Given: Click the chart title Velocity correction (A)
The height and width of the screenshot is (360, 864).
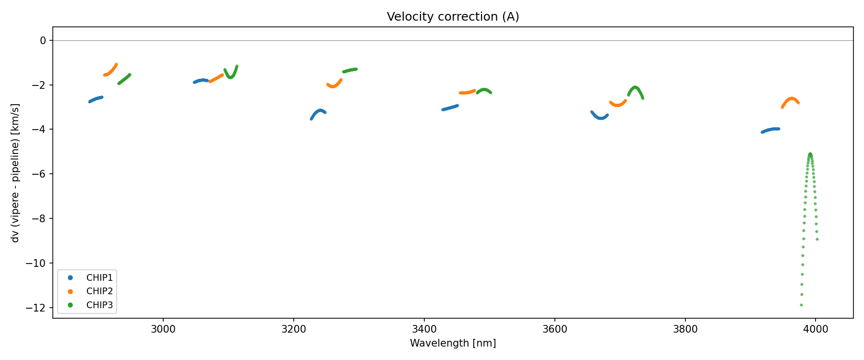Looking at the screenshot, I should click(453, 17).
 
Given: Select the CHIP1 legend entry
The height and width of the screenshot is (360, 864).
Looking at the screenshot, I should click(99, 278).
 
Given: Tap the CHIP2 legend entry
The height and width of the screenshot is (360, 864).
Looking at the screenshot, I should click(99, 291).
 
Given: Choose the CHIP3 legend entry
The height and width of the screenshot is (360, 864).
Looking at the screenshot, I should click(99, 305).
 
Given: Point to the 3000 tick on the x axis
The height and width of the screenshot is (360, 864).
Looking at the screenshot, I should click(163, 329).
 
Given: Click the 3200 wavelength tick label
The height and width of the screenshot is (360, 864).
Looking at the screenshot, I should click(294, 329).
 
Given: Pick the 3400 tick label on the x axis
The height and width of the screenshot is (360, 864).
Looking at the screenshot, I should click(424, 329).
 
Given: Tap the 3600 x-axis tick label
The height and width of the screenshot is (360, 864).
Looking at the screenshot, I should click(554, 329).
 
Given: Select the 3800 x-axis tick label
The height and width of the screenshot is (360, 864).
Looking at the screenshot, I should click(685, 329).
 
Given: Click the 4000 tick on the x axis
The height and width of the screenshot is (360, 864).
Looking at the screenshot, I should click(816, 329).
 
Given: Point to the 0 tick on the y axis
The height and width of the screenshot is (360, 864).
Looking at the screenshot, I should click(43, 41).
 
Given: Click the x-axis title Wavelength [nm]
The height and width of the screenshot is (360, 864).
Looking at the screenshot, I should click(453, 343).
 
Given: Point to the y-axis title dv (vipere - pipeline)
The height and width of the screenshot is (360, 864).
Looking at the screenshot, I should click(15, 173).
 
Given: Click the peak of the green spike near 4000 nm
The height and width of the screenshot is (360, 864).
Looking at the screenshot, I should click(810, 154).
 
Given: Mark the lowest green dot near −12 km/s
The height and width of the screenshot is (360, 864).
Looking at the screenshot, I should click(801, 305).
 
